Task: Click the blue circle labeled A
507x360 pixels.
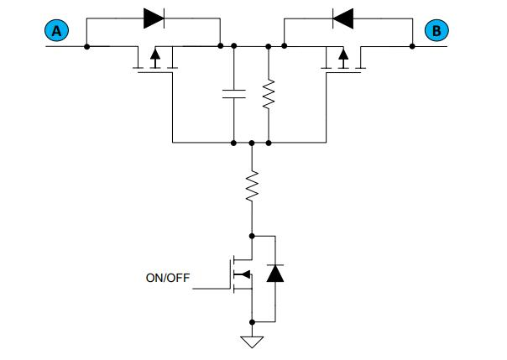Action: (57, 31)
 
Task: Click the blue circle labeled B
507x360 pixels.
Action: (437, 31)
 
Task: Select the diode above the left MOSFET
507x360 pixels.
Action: (153, 17)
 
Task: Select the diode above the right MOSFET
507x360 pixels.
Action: (342, 17)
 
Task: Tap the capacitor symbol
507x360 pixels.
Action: (233, 92)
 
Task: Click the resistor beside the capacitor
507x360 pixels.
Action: (268, 94)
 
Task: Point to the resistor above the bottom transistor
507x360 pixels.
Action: (251, 187)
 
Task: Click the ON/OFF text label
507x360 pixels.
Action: (169, 277)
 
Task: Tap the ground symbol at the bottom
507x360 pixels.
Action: (251, 341)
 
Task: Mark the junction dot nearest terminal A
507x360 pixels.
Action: (87, 46)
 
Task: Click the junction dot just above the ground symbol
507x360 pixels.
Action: (251, 321)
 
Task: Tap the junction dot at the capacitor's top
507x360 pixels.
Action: (233, 46)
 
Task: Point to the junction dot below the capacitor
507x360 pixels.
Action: (233, 143)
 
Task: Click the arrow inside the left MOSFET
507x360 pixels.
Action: (154, 58)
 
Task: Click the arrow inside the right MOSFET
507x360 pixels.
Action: (342, 58)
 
